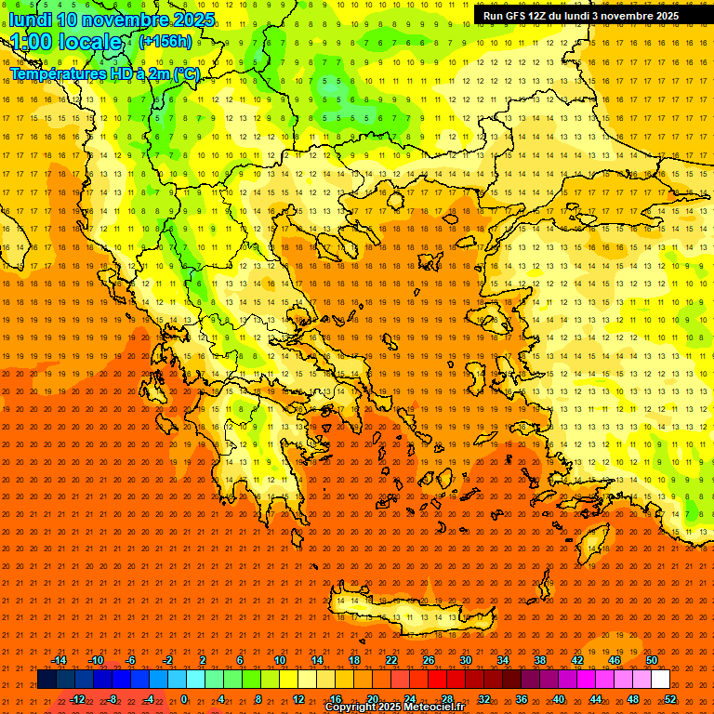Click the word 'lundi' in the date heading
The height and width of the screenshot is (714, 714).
coord(30,20)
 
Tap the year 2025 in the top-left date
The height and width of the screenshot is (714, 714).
coord(193,20)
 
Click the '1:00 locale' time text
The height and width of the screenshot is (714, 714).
coord(66,42)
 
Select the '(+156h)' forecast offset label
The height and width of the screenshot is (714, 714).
coord(165,42)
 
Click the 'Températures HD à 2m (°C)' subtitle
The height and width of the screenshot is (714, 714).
coord(104,73)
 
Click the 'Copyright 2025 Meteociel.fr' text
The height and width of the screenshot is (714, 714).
coord(394,707)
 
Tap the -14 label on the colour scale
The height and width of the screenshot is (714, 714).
coord(59,660)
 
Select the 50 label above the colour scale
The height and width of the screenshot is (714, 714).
coord(652,660)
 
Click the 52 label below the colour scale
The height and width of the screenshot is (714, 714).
coord(669,699)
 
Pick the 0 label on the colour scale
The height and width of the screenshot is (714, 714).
coord(184,699)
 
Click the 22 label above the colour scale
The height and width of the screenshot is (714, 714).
coord(391,660)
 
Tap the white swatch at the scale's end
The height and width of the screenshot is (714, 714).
coord(660,680)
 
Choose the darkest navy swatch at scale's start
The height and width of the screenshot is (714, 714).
coord(47,680)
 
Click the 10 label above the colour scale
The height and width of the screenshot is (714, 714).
coord(279,660)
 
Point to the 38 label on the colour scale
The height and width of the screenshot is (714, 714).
coord(539,660)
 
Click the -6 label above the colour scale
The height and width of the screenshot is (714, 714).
coord(130,660)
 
